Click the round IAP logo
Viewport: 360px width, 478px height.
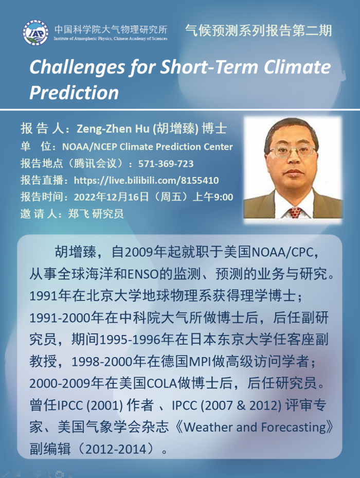click(x=35, y=32)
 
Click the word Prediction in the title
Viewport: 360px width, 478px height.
click(x=74, y=93)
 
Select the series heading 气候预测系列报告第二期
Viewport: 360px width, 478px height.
click(x=258, y=30)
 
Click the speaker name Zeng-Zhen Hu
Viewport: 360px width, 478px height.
click(x=113, y=129)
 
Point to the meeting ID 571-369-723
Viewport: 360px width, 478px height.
click(x=166, y=164)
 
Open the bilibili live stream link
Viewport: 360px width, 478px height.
click(x=147, y=181)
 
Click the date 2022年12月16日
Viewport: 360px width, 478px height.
click(x=111, y=197)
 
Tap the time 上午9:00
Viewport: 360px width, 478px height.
click(x=213, y=197)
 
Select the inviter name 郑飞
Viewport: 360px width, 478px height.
click(x=78, y=214)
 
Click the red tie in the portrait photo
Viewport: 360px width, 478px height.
click(x=295, y=213)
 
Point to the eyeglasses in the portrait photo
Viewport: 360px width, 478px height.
click(x=292, y=151)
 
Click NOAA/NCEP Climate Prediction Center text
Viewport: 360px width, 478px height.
click(x=148, y=147)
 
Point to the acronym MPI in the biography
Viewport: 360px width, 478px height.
click(x=200, y=362)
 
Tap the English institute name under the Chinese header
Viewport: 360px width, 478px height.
click(x=111, y=39)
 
